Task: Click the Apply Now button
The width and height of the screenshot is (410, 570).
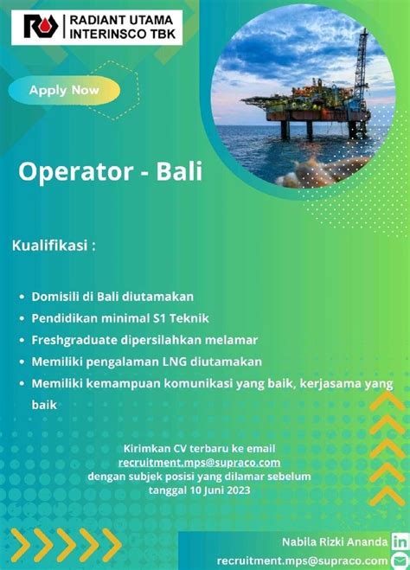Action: [x=64, y=90]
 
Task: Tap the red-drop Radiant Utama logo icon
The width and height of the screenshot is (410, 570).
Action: [x=41, y=26]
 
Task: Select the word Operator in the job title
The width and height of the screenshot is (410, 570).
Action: [x=75, y=171]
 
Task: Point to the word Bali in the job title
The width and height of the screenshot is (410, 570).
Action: [x=179, y=171]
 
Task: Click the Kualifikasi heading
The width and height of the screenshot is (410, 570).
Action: [x=54, y=246]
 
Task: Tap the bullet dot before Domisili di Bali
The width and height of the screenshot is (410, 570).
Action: [x=22, y=297]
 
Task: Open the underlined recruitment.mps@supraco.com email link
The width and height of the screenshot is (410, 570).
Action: [x=199, y=463]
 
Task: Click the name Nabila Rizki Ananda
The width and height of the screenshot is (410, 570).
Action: [x=335, y=542]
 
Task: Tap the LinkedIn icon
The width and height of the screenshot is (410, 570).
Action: [x=400, y=542]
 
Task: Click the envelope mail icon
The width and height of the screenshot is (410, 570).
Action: [x=400, y=560]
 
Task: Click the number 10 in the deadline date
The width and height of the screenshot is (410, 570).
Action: [x=195, y=490]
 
